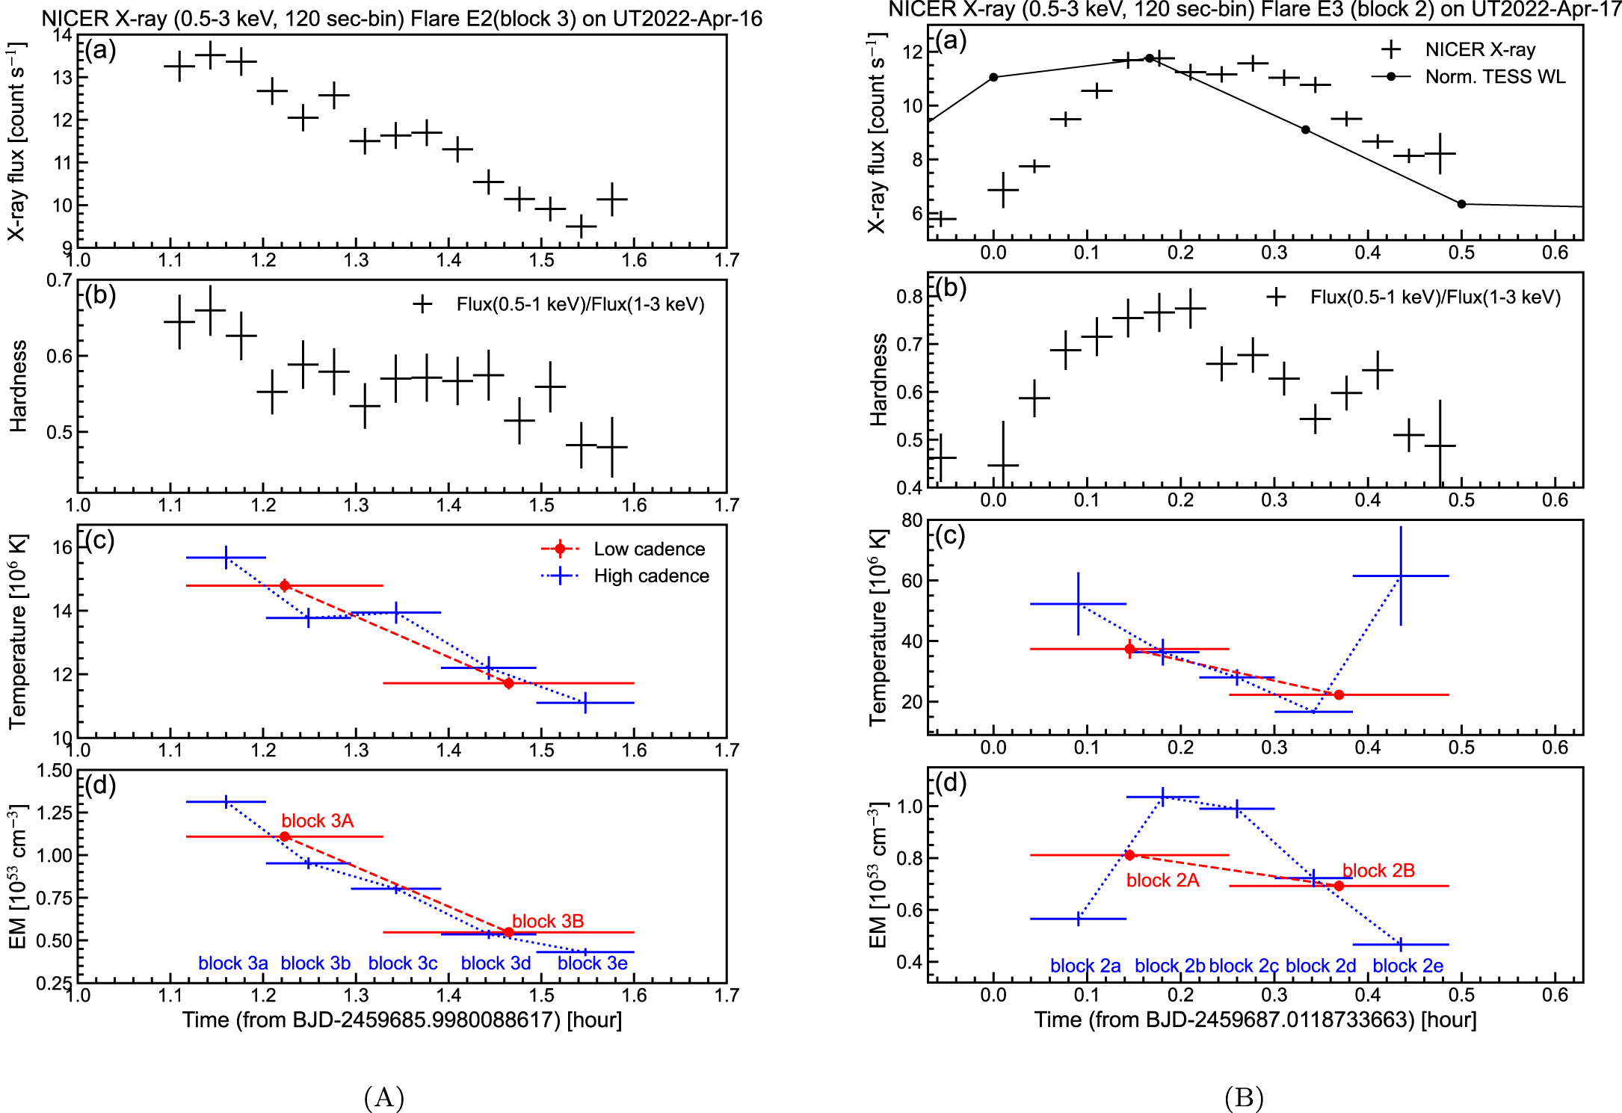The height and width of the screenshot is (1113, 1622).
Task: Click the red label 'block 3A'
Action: pos(317,821)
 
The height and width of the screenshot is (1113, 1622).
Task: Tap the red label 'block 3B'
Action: pos(548,921)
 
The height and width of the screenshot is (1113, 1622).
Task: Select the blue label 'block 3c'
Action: pos(403,964)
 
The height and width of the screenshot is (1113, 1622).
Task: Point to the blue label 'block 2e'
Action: pos(1407,966)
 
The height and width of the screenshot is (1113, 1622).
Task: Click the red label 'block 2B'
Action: pos(1378,871)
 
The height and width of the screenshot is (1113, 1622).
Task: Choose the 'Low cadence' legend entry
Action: pos(649,549)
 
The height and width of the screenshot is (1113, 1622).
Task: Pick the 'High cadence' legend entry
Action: pos(651,576)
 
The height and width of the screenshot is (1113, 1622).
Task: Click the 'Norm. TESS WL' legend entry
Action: pos(1495,77)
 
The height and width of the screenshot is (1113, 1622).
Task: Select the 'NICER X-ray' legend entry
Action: pos(1480,50)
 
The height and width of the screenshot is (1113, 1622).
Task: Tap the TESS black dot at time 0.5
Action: pos(1461,204)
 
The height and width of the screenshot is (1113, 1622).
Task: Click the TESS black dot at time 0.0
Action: pos(993,78)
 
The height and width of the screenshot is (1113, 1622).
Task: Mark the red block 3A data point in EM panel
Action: pos(285,836)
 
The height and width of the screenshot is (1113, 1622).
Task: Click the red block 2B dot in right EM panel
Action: pos(1339,886)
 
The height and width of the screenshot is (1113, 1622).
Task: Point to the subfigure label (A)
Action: pos(384,1097)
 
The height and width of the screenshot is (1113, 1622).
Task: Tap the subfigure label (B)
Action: pos(1244,1097)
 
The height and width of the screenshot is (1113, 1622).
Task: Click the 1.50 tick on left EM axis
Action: pos(55,771)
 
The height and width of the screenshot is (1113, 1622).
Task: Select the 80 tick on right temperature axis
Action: pos(912,520)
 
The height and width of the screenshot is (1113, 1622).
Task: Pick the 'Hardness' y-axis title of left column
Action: pos(18,386)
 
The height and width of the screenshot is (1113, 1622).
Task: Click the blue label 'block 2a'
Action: pos(1085,966)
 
